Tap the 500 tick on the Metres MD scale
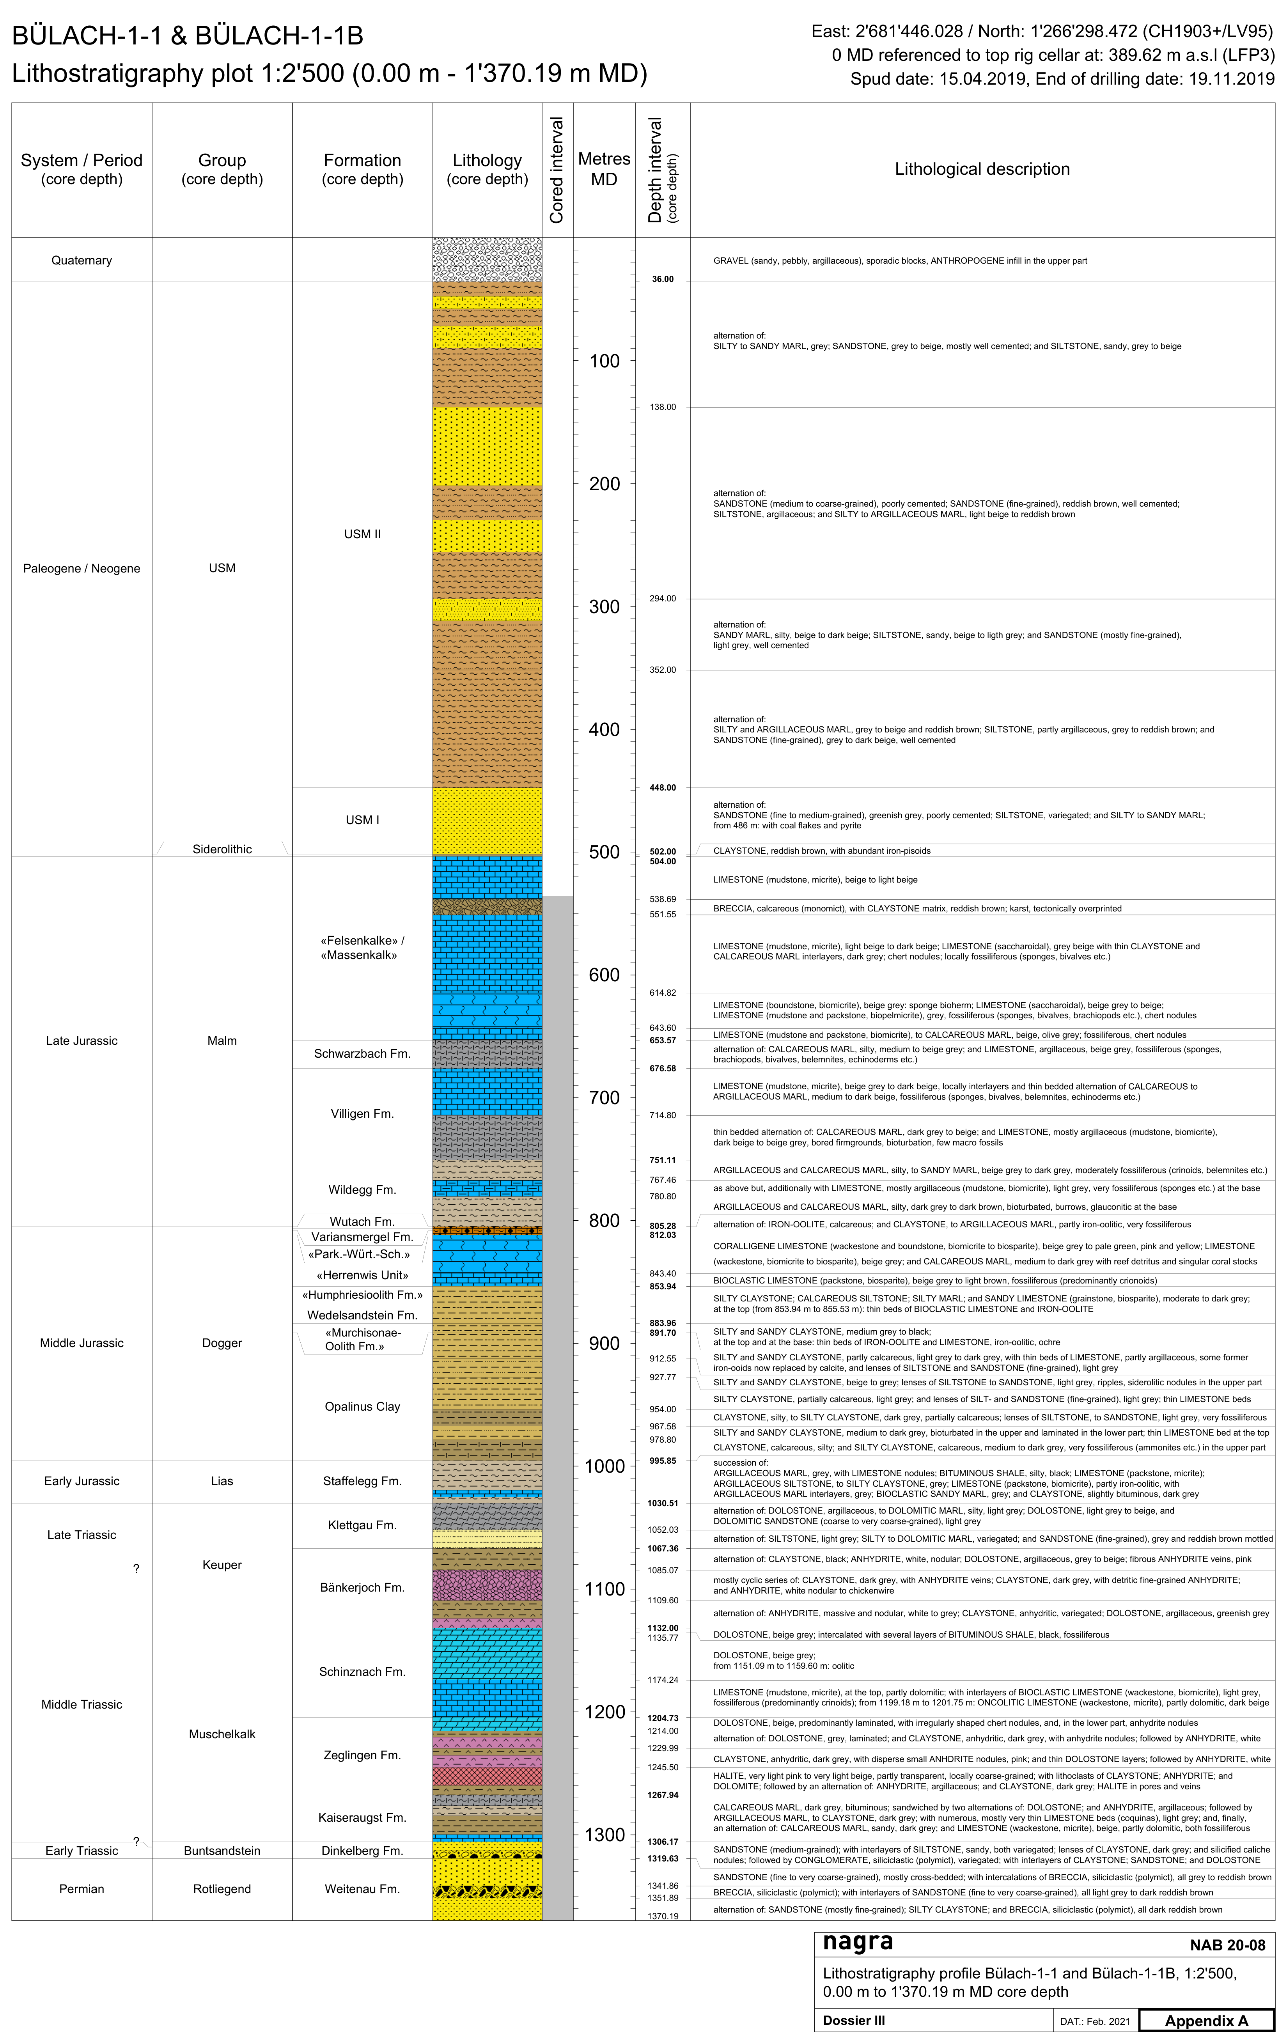point(604,852)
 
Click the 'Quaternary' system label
point(82,261)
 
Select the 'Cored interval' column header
point(557,170)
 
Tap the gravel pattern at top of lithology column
point(487,259)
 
